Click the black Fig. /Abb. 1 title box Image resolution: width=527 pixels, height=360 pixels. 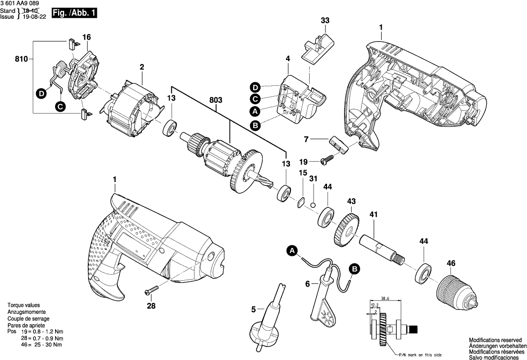(x=74, y=14)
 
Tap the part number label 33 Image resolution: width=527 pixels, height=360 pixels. (x=325, y=20)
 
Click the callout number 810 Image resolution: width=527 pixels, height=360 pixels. (x=20, y=60)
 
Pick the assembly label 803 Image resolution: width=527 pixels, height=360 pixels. (x=216, y=100)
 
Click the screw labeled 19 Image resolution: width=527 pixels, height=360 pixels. (x=328, y=160)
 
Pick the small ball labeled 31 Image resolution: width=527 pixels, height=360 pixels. (x=313, y=204)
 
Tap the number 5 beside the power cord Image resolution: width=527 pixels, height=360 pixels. (x=253, y=309)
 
